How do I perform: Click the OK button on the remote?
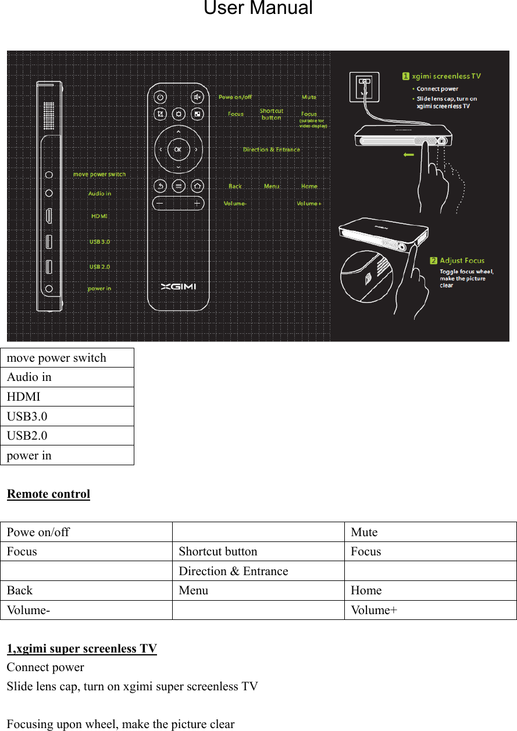click(178, 149)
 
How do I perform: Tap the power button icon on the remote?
click(161, 97)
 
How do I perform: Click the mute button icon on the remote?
click(197, 97)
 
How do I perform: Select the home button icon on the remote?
click(197, 186)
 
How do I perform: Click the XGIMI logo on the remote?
click(179, 286)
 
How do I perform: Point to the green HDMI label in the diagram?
click(99, 216)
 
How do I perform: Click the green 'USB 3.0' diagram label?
click(99, 241)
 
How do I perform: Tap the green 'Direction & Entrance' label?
click(272, 149)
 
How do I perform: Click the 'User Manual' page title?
click(258, 9)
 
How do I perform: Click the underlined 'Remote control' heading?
click(48, 494)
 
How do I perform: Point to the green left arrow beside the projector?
click(408, 155)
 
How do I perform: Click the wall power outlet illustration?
click(364, 87)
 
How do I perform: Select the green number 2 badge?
click(434, 261)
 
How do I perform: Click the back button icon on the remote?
click(161, 186)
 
